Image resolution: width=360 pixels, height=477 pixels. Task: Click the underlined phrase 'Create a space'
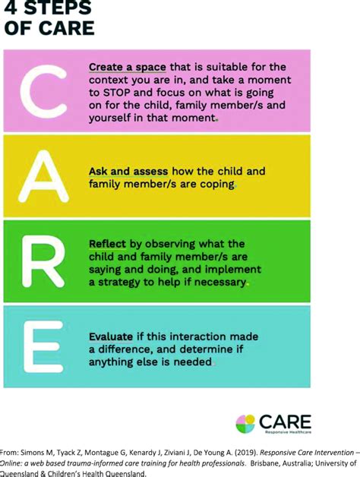click(x=126, y=67)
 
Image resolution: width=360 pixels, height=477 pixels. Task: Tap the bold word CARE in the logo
click(x=284, y=420)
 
